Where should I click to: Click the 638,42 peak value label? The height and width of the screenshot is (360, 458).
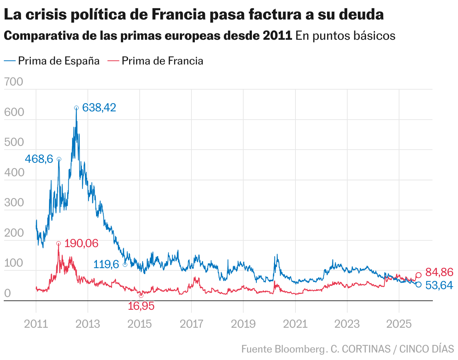coord(99,108)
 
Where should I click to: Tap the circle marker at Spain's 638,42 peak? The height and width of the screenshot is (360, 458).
coord(76,108)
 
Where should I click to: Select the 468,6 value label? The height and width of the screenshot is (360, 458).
coord(39,159)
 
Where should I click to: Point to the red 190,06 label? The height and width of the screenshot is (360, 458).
coord(81,243)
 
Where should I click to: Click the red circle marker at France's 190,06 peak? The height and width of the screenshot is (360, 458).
coord(59,243)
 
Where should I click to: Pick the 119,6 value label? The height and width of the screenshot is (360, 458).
coord(106,264)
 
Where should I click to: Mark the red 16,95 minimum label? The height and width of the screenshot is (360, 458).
coord(141,306)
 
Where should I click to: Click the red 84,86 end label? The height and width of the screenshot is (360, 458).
coord(439,272)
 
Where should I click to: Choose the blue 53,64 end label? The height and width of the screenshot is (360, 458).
coord(439,285)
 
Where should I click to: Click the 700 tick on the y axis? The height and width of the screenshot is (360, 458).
coord(14,82)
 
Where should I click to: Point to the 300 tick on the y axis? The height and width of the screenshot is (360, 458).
coord(14,203)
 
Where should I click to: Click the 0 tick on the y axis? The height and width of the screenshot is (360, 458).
coord(8,293)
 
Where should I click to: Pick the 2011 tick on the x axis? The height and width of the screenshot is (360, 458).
coord(36,324)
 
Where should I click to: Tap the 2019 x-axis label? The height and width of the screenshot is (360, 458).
coord(243,324)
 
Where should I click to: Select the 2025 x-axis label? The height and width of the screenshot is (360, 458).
coord(399,324)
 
